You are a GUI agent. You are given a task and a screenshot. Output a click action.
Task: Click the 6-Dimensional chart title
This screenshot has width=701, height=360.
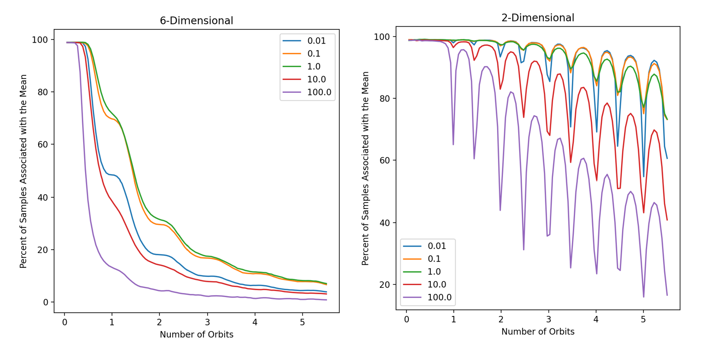coord(196,21)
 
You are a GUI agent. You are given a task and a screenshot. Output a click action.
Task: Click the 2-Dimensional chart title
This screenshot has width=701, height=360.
coord(537,18)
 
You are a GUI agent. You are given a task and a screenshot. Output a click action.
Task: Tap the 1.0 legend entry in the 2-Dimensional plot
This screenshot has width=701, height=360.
coord(437,271)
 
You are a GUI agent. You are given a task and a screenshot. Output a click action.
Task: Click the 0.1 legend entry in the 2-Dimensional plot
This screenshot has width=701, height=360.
coord(437,259)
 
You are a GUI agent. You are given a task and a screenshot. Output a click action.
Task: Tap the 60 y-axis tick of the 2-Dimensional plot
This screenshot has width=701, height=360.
coord(384,161)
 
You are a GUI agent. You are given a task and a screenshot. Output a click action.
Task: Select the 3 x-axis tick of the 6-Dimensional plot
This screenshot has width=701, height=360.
coord(207,321)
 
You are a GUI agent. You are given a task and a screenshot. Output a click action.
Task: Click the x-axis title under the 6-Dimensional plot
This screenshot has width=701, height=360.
coord(196,335)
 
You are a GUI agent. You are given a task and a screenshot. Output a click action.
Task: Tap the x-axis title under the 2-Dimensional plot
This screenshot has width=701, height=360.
coord(537,332)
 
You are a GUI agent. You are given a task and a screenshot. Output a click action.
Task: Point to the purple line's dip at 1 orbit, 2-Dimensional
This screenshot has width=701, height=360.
coord(453,145)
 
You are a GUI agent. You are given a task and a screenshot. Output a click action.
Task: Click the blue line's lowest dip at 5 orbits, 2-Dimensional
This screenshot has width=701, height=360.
coord(643,177)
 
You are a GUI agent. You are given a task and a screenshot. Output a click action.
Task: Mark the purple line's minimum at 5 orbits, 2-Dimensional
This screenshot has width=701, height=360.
coord(643,297)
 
